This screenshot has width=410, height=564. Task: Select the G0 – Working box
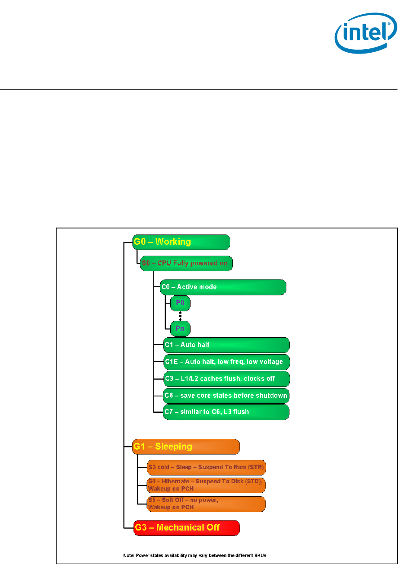tap(181, 242)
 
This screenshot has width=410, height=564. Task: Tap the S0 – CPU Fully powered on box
tap(186, 263)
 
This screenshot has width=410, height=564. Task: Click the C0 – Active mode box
tap(223, 287)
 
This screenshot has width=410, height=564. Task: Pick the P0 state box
tap(180, 303)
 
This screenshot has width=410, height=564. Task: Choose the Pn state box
tap(180, 328)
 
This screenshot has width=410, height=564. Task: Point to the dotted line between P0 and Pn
tap(180, 316)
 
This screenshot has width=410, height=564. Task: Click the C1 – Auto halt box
tap(226, 345)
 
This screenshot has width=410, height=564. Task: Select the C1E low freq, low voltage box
tap(226, 361)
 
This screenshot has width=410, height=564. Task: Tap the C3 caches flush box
tap(226, 378)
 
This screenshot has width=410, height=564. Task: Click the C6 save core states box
tap(226, 395)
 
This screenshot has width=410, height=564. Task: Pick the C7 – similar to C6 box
tap(226, 412)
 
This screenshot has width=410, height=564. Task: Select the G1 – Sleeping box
tap(186, 447)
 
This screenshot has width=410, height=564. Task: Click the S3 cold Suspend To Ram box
tap(206, 467)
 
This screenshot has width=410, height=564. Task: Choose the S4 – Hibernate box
tap(206, 485)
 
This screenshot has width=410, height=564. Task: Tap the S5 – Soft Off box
tap(206, 504)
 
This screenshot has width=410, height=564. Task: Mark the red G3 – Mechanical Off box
tap(187, 528)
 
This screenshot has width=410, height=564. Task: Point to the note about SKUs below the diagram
tap(195, 555)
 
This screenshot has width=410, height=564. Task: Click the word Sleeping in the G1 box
tap(174, 447)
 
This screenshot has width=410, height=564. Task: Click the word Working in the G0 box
tap(173, 242)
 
